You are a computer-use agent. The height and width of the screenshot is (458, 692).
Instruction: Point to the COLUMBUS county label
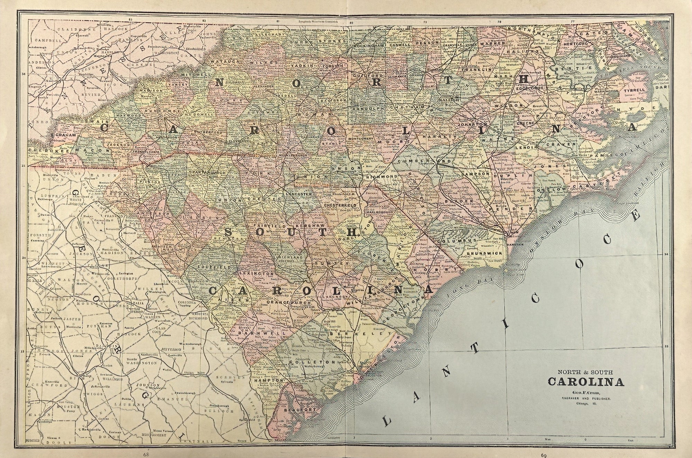tap(457, 240)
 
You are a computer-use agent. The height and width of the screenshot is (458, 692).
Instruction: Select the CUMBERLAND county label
tap(424, 162)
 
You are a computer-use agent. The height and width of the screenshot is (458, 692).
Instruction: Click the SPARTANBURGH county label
tap(207, 172)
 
